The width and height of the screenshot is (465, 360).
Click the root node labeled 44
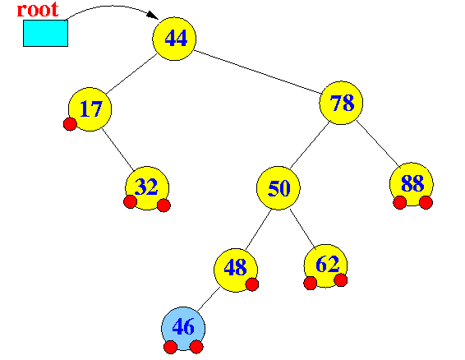[x=174, y=39]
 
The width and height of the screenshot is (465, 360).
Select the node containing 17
[x=90, y=109]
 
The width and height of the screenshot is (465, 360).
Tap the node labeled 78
[x=341, y=103]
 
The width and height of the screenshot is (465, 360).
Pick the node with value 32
[x=147, y=188]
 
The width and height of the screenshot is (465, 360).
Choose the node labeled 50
[x=279, y=188]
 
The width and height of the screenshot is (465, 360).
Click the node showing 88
[x=412, y=184]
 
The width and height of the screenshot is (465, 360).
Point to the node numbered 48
[x=236, y=270]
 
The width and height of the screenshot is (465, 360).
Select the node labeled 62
[x=325, y=266]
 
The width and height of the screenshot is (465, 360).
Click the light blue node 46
[x=183, y=329]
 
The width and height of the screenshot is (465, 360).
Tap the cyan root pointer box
[x=46, y=33]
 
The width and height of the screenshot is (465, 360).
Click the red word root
[x=38, y=10]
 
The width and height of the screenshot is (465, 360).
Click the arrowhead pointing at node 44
[x=153, y=15]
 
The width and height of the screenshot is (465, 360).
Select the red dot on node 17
[x=70, y=124]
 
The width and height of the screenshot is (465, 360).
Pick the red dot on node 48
[x=252, y=284]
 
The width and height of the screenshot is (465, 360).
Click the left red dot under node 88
[x=400, y=203]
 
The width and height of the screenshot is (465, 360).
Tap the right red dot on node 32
[x=163, y=205]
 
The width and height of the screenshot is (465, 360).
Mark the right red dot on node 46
[x=196, y=347]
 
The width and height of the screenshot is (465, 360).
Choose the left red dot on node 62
[x=311, y=283]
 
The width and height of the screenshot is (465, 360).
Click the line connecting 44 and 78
[x=258, y=72]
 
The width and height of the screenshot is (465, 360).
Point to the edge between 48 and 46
[x=209, y=299]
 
